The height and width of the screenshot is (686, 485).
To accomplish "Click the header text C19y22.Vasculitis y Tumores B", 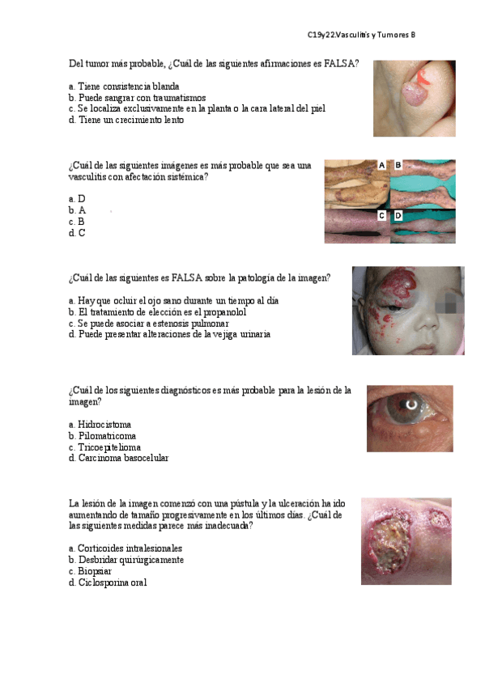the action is [x=361, y=35].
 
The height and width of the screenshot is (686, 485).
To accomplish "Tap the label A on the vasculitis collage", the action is [x=381, y=165].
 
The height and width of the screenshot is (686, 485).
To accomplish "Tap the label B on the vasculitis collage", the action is [x=398, y=165].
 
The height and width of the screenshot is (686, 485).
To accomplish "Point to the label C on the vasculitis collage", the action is [x=381, y=216].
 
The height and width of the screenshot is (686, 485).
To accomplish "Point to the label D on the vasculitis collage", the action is [x=398, y=216].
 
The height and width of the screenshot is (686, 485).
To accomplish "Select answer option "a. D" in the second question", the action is [x=77, y=198].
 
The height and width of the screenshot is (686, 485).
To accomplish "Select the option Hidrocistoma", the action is [x=104, y=424].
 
